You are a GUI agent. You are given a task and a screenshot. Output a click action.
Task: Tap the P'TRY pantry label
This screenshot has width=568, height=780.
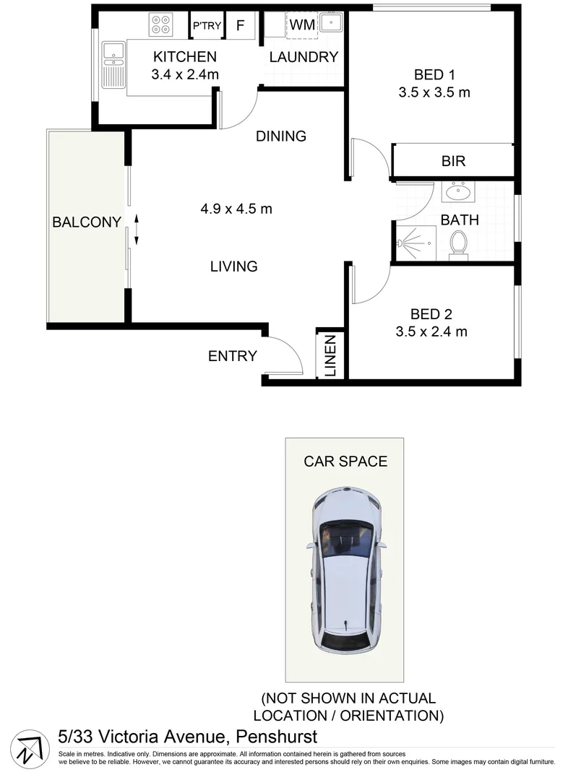tap(206, 27)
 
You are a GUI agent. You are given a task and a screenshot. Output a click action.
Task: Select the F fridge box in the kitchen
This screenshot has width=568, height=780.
tap(241, 26)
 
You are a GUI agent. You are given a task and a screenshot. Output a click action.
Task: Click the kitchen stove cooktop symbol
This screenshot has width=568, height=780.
tap(160, 25)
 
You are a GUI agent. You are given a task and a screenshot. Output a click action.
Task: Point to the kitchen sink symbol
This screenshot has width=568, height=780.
tap(113, 64)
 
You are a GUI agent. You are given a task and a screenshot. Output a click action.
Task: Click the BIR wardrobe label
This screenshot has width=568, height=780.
tap(453, 161)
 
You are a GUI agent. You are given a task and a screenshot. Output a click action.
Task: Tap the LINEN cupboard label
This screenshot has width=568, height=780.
tap(330, 355)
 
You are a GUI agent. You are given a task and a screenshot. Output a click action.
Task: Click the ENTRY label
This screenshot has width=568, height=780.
tap(232, 355)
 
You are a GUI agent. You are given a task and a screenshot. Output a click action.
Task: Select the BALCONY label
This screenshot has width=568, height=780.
tap(86, 222)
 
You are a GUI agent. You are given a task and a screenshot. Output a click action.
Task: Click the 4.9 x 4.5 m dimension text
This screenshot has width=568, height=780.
tap(236, 209)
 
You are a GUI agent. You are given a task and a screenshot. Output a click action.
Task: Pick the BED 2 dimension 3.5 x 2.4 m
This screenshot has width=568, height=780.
tap(431, 331)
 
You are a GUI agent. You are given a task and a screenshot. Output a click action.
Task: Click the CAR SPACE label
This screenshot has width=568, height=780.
tap(345, 461)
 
